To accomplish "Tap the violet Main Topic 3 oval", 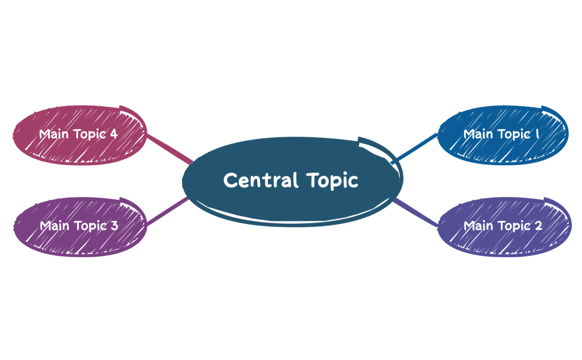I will pyautogui.click(x=79, y=226).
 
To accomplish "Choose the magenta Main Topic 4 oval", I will pyautogui.click(x=79, y=135).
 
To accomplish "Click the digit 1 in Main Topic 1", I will pyautogui.click(x=538, y=134).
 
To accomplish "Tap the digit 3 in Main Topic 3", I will pyautogui.click(x=114, y=226).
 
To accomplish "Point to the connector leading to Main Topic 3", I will pyautogui.click(x=168, y=212).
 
